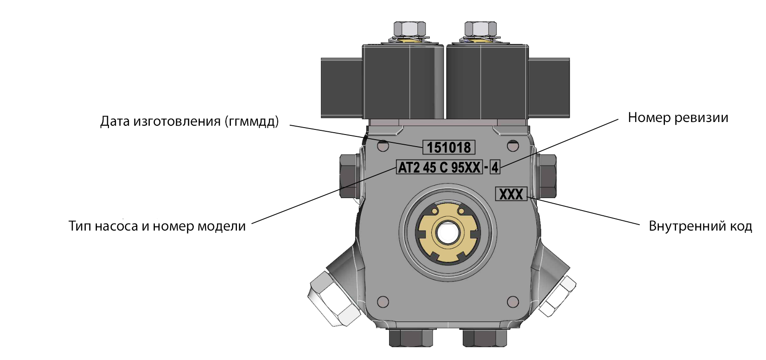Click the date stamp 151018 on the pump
pyautogui.click(x=449, y=148)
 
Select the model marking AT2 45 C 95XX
pyautogui.click(x=440, y=167)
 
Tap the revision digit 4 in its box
pyautogui.click(x=495, y=167)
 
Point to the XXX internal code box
pyautogui.click(x=511, y=194)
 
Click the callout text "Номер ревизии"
pyautogui.click(x=678, y=118)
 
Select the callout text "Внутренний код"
pyautogui.click(x=700, y=226)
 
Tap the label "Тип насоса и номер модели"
pyautogui.click(x=157, y=226)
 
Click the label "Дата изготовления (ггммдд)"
pyautogui.click(x=190, y=121)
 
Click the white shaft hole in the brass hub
pyautogui.click(x=447, y=232)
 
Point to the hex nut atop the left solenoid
pyautogui.click(x=409, y=29)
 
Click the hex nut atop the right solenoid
pyautogui.click(x=480, y=29)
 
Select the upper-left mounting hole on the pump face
pyautogui.click(x=383, y=146)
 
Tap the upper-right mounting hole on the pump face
pyautogui.click(x=513, y=146)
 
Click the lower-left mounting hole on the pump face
pyautogui.click(x=383, y=302)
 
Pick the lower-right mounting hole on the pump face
pyautogui.click(x=513, y=302)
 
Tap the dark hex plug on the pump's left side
pyautogui.click(x=350, y=176)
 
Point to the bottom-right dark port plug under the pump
pyautogui.click(x=485, y=338)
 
